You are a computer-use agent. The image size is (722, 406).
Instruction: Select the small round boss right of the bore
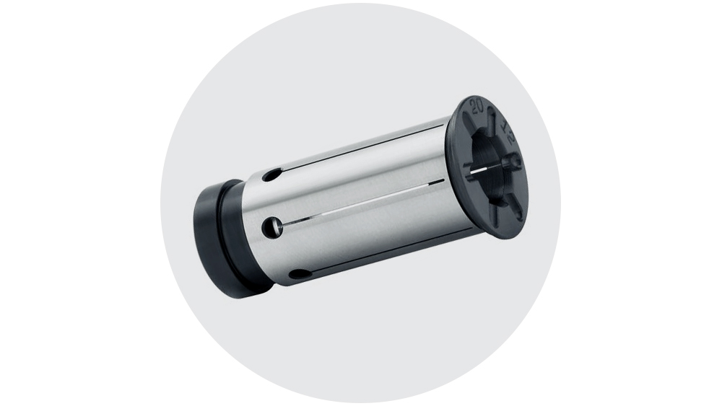[515, 164]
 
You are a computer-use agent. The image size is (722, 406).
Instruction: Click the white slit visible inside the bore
[478, 170]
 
